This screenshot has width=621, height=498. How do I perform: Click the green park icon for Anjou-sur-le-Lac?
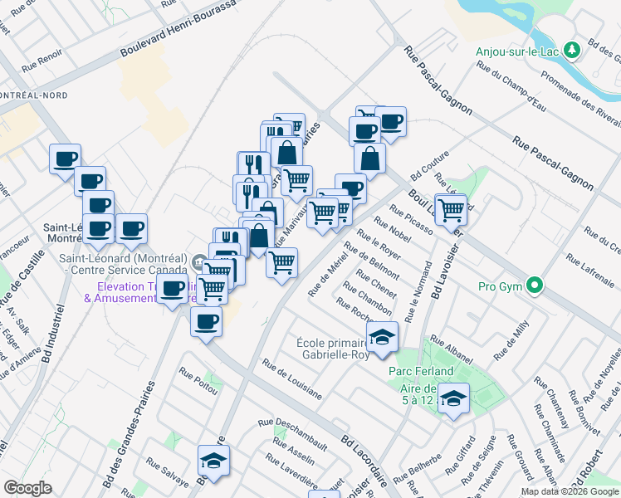[x=571, y=51]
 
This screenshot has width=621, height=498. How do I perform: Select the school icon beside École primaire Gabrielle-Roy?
[x=382, y=337]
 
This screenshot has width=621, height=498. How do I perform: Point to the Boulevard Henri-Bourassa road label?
[x=178, y=27]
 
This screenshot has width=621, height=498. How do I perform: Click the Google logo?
[x=28, y=487]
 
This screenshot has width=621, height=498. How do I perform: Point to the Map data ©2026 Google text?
[x=570, y=491]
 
